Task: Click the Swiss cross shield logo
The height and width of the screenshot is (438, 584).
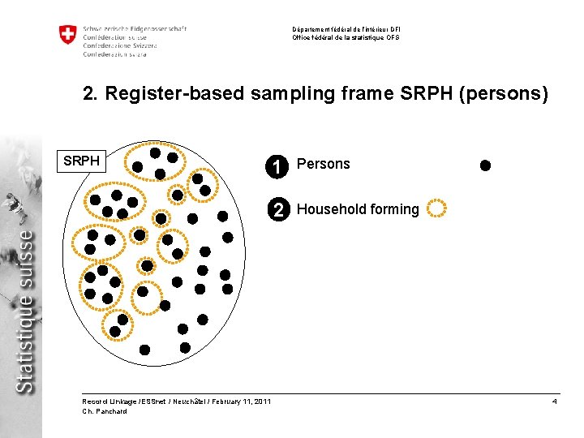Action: point(67,35)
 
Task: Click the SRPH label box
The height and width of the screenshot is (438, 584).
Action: point(82,161)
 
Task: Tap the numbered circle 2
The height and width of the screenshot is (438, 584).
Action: point(278,209)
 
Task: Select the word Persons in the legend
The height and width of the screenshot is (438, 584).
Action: point(323,164)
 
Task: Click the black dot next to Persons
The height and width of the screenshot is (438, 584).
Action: point(485,165)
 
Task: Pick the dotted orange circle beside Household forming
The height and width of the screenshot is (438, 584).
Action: point(436,208)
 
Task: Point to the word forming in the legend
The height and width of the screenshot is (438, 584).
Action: point(393,209)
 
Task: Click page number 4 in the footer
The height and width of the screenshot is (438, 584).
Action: point(554,401)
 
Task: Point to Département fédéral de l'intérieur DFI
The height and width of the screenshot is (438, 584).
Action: point(346,30)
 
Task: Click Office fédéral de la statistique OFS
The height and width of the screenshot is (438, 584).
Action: point(346,37)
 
